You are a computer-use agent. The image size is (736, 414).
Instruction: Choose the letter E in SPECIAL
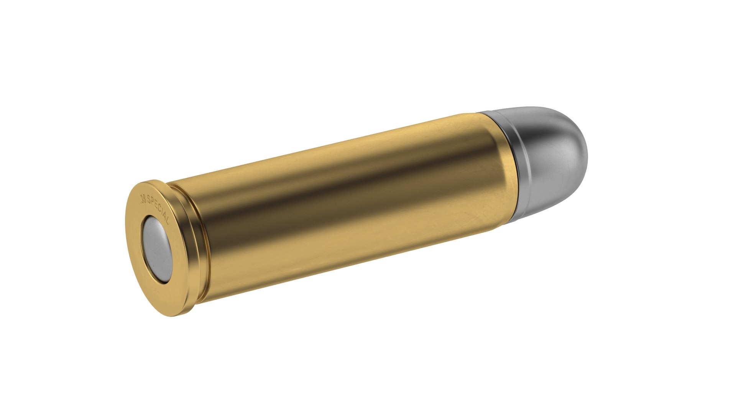click(156, 205)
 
